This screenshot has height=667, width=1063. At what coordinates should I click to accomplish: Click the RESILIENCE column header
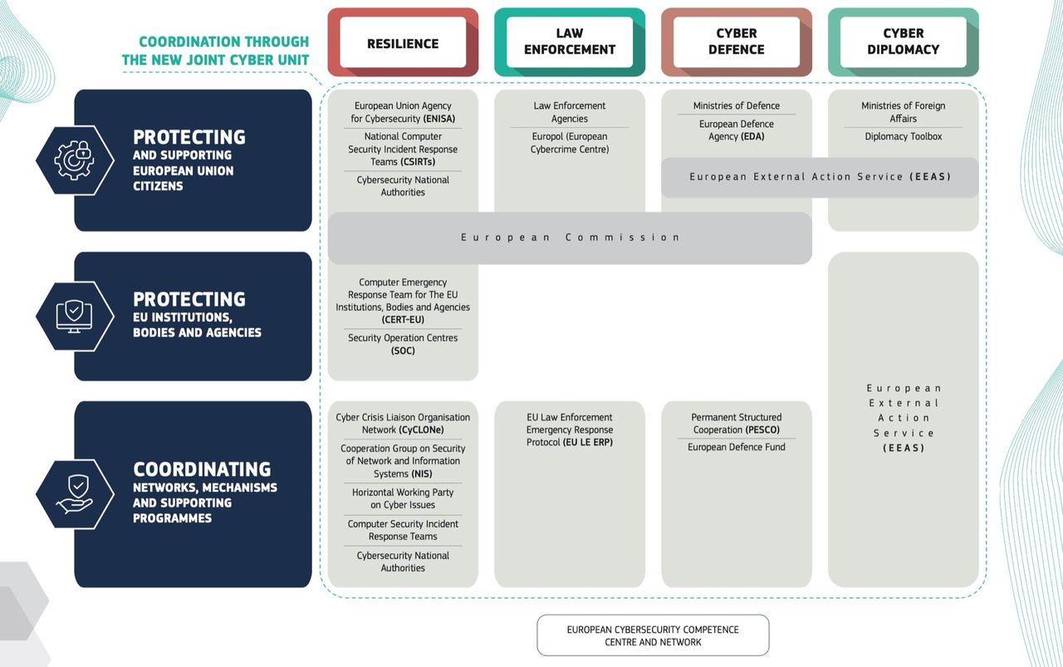[x=403, y=42]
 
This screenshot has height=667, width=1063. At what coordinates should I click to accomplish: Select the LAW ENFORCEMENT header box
[x=570, y=42]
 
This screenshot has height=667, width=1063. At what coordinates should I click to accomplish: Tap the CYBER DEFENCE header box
[x=737, y=42]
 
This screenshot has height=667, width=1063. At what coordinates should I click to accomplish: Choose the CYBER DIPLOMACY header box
[x=904, y=42]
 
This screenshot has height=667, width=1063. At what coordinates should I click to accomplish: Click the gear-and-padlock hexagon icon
[x=75, y=160]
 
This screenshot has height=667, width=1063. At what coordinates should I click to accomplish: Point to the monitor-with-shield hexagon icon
[x=75, y=316]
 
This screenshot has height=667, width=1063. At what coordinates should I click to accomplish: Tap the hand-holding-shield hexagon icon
[x=75, y=494]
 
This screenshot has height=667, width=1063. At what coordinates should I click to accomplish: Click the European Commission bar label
[x=571, y=238]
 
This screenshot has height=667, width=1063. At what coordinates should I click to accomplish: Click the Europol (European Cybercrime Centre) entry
[x=570, y=143]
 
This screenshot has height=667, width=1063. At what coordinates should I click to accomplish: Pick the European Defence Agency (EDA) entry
[x=737, y=130]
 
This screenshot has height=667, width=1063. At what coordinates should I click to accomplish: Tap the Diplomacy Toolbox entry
[x=904, y=137]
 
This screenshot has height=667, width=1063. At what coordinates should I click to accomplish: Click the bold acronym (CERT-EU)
[x=403, y=320]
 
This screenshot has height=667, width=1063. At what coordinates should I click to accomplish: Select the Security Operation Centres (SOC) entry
[x=403, y=344]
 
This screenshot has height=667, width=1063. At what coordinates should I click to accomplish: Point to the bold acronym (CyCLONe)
[x=421, y=430]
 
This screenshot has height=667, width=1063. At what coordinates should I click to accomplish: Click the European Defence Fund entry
[x=737, y=447]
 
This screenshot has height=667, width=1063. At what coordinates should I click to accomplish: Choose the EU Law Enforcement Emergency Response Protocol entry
[x=570, y=429]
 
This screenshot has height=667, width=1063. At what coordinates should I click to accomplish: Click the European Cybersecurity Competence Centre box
[x=653, y=635]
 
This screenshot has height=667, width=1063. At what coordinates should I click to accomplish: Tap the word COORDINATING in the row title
[x=202, y=469]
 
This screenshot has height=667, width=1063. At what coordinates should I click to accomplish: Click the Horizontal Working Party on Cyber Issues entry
[x=403, y=498]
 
